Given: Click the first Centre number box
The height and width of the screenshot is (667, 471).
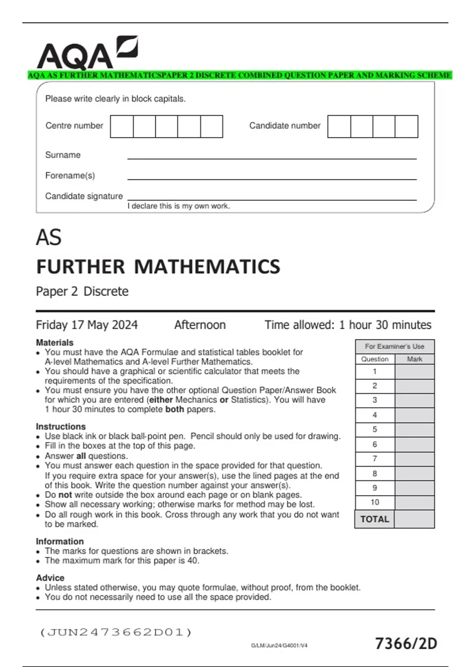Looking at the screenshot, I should (x=122, y=126).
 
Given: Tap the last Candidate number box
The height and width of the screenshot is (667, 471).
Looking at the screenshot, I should (x=406, y=126).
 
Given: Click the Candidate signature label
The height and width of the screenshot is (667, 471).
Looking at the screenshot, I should (x=84, y=196).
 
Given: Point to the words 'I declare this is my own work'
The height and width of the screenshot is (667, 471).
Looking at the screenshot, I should (x=179, y=206).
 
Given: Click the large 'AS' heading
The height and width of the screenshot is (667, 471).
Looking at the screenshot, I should (x=49, y=238).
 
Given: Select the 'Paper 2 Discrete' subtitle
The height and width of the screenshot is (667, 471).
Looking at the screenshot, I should (x=82, y=292).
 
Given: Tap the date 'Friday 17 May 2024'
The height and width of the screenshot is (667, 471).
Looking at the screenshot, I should (x=87, y=325).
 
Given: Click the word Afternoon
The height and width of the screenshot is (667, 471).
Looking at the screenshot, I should (x=200, y=325).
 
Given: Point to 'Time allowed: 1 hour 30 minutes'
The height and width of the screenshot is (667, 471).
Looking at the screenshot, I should (x=348, y=325).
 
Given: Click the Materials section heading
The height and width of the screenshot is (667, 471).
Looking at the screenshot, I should (x=55, y=343).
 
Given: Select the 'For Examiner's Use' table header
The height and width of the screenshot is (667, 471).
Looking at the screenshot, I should (x=394, y=346).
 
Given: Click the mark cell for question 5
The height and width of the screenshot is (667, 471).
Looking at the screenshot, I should (x=414, y=430).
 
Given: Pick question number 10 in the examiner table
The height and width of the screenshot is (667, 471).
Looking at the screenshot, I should (x=374, y=502).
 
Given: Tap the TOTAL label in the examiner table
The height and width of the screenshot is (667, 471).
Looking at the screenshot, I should (x=374, y=519).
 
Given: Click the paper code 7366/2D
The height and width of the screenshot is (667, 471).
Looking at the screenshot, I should (x=406, y=644).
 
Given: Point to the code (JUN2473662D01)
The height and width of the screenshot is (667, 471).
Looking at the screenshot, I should (x=116, y=632).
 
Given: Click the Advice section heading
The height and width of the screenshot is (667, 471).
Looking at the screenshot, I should (x=50, y=578).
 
